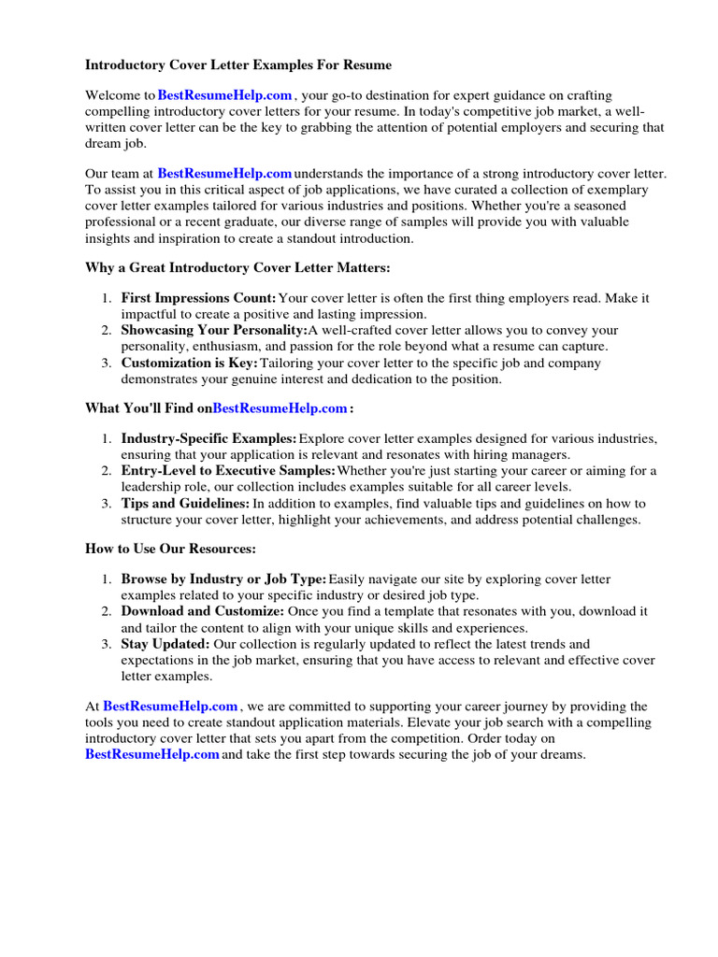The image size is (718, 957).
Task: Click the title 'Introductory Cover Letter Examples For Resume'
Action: coord(238,65)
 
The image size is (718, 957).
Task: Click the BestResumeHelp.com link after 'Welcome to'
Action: coord(225,95)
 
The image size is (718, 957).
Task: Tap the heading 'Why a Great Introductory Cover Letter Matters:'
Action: coord(237,268)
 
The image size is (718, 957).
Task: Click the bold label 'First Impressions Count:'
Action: coord(198,298)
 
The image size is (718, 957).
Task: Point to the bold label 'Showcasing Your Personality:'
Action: coord(214,331)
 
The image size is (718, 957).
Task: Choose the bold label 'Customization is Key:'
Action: coord(189,363)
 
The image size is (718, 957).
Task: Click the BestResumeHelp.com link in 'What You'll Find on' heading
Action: coord(280,408)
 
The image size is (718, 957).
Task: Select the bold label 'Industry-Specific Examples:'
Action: coord(208,438)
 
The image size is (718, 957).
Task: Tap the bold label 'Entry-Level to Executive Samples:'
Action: coord(228,470)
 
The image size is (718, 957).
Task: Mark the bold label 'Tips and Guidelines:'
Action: coord(185,503)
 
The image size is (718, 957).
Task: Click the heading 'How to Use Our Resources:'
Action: coord(170,549)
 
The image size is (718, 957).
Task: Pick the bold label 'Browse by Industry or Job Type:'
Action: coord(223,579)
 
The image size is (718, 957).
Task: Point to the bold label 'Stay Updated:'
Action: coord(165,644)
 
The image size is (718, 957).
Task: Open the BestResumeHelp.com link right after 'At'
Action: coord(170,707)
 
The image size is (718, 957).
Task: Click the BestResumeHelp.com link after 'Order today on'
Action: coord(152,754)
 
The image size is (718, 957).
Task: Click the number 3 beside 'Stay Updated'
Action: coord(108,644)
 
